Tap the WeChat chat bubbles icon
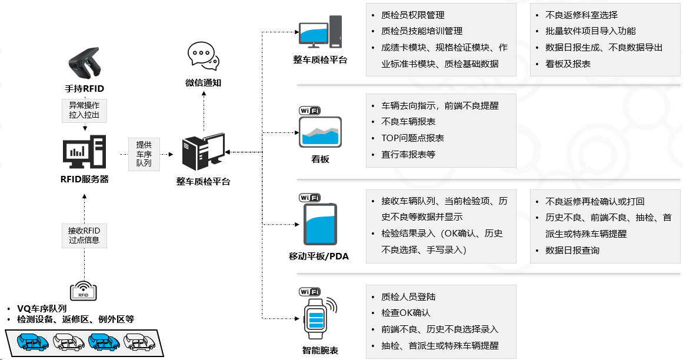point(202,56)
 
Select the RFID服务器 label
point(84,179)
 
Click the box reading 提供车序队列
point(144,154)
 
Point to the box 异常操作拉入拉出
point(84,111)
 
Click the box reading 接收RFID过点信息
point(84,235)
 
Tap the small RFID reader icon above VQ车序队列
point(84,290)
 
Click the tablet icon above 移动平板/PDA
point(320,224)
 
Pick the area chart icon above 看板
point(320,132)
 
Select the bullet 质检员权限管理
point(412,15)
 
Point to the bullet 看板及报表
point(568,64)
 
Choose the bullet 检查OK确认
point(405,313)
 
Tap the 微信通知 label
point(203,83)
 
